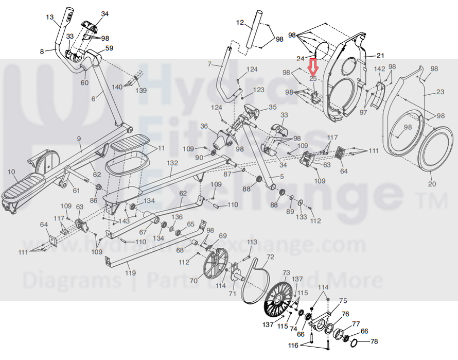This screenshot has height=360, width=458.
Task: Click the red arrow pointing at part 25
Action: click(313, 67)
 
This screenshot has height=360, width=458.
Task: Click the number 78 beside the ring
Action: click(374, 341)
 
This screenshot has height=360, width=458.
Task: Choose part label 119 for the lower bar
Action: click(131, 272)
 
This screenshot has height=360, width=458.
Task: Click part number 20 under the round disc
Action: click(432, 184)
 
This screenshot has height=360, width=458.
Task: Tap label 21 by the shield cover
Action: click(380, 55)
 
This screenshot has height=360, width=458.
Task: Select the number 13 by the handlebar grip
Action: click(49, 18)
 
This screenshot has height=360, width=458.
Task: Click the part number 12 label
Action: click(240, 22)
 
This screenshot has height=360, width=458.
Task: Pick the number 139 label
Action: click(141, 91)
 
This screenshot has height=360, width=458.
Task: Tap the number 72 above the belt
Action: click(270, 256)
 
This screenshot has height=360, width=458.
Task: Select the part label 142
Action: click(379, 69)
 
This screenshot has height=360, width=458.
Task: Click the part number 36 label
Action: click(204, 126)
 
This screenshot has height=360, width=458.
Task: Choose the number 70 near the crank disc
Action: click(193, 281)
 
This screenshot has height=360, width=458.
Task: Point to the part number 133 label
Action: click(301, 218)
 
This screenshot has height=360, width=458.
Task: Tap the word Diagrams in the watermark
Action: click(67, 281)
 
